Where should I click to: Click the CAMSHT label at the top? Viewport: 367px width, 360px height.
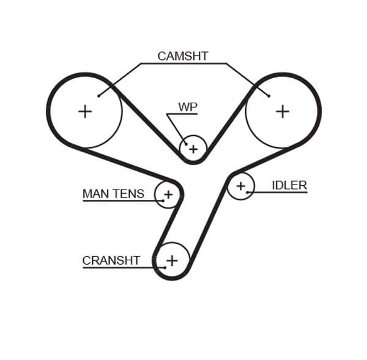[182, 56]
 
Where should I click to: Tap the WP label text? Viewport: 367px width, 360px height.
[188, 107]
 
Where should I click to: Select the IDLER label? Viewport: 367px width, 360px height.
[289, 185]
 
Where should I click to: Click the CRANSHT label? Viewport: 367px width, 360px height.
[111, 260]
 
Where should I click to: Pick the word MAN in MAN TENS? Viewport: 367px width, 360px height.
[94, 194]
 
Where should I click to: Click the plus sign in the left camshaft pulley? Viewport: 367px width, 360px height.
[85, 111]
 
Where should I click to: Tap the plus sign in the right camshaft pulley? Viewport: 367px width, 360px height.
[282, 111]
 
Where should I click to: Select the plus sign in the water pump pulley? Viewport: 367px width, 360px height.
[193, 149]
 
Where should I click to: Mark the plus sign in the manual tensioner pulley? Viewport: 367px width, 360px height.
[168, 195]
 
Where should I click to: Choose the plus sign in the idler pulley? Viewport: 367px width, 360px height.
[240, 185]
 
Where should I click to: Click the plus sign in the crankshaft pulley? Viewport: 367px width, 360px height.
[172, 260]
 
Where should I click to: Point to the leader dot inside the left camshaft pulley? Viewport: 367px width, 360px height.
[98, 95]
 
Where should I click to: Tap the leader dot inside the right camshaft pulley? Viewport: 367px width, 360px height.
[269, 95]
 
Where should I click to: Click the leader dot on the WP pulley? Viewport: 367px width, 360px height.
[187, 144]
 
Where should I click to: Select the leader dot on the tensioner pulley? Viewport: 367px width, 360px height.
[163, 200]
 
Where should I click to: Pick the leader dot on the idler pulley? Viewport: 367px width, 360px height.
[248, 193]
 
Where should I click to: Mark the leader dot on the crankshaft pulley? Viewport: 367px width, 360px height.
[165, 267]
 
